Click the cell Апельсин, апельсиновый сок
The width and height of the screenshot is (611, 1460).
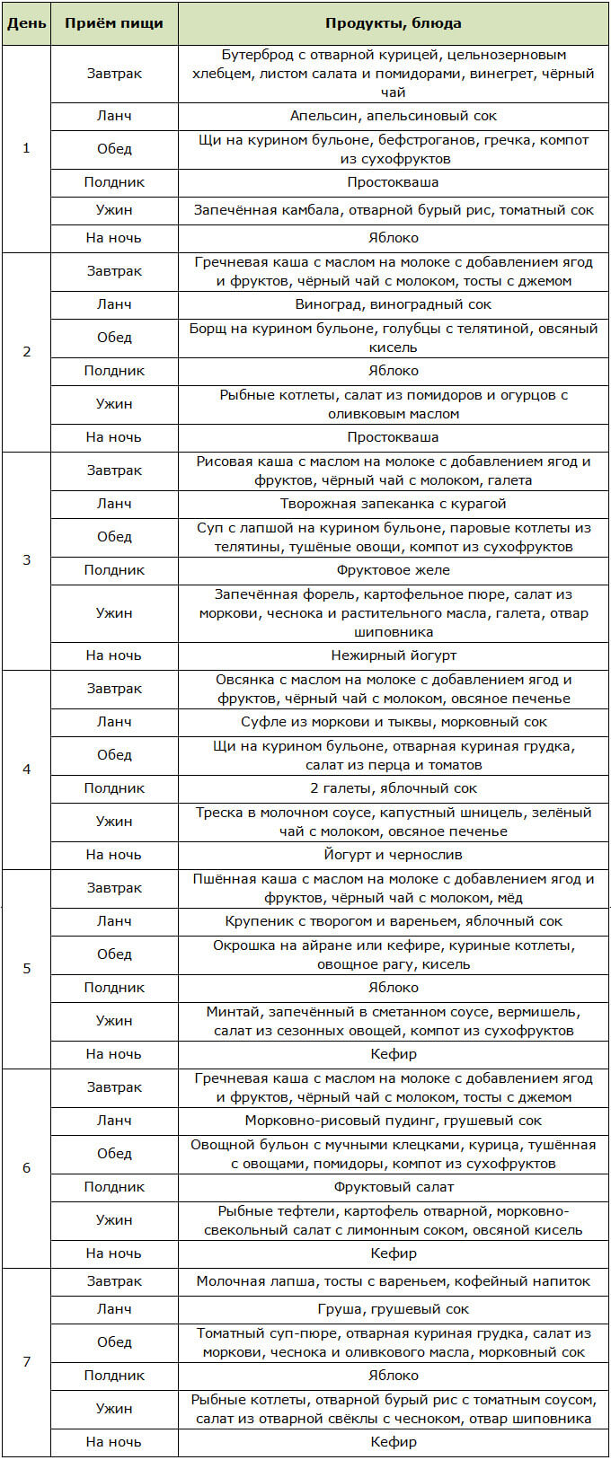[394, 116]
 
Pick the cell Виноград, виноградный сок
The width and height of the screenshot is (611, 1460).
[394, 304]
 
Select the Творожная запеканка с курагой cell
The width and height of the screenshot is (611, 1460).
[394, 504]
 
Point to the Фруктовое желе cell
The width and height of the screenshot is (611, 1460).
[394, 570]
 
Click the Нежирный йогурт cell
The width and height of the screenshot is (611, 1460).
[394, 655]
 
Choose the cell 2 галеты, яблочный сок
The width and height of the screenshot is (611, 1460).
[394, 788]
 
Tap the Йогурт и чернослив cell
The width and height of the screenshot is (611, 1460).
[394, 855]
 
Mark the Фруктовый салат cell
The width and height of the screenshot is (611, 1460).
[394, 1187]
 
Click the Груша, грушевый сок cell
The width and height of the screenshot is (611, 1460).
[394, 1309]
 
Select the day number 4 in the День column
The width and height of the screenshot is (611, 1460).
[26, 770]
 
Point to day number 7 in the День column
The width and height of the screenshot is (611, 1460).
[26, 1362]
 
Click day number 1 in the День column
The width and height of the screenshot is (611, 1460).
[26, 148]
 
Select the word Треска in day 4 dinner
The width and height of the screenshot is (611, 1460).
[218, 813]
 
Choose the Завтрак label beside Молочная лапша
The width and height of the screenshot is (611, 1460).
[114, 1281]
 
